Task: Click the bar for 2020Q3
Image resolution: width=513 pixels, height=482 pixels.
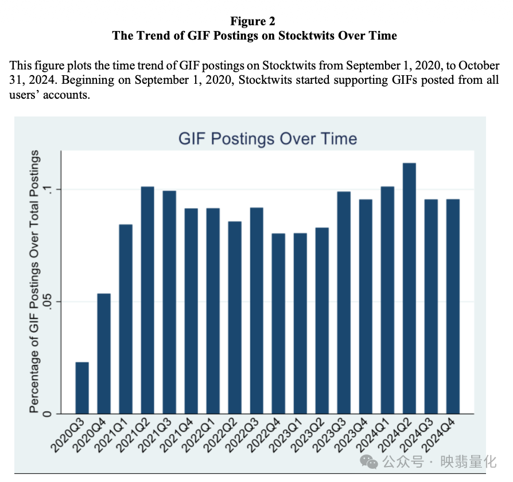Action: (82, 388)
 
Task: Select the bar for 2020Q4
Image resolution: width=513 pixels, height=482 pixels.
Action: (104, 353)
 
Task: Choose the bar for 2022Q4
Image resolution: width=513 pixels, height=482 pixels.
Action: (278, 324)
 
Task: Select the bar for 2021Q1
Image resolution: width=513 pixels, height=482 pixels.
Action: (126, 319)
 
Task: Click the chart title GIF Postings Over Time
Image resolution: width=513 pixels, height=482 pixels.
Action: (267, 139)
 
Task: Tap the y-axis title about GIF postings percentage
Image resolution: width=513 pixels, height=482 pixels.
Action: (35, 281)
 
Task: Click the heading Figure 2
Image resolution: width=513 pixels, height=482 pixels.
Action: (253, 21)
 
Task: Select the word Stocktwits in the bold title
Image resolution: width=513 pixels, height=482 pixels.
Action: (309, 36)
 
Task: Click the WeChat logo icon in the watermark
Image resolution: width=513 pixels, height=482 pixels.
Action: (371, 462)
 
